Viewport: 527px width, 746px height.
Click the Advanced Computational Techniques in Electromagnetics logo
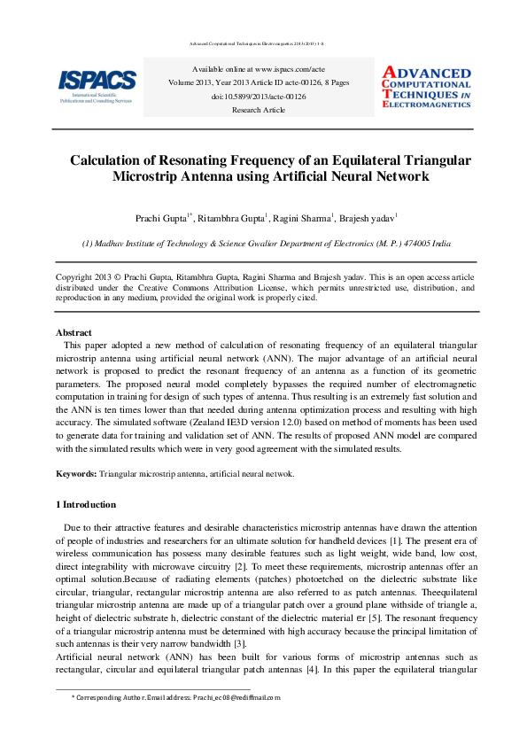pyautogui.click(x=426, y=86)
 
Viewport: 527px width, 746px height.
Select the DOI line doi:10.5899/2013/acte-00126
pyautogui.click(x=258, y=96)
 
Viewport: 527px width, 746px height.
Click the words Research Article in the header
pyautogui.click(x=258, y=110)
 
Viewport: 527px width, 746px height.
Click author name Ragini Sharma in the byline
pyautogui.click(x=300, y=217)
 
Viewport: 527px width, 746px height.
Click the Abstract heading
pyautogui.click(x=74, y=332)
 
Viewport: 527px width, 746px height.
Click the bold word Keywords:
pyautogui.click(x=76, y=474)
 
